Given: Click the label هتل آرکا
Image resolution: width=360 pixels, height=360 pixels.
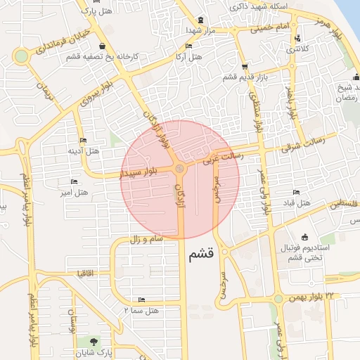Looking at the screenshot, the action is click(x=188, y=56).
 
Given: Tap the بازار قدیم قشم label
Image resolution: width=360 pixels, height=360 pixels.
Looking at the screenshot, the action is click(x=246, y=77).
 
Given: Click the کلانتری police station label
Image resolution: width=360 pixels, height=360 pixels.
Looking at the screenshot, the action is click(x=298, y=49).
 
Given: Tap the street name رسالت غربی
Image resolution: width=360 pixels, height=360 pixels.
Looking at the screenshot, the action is click(x=223, y=159).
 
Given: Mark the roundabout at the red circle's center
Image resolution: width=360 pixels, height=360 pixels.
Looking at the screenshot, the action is click(x=181, y=169).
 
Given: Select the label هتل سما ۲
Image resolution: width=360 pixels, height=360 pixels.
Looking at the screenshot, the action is click(x=141, y=310).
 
